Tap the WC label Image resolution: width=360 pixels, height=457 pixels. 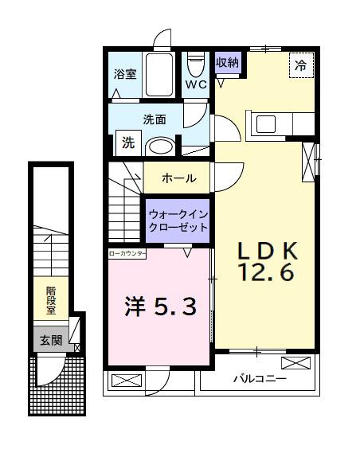pyautogui.click(x=196, y=83)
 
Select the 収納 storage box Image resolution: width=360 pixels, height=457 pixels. pyautogui.click(x=225, y=62)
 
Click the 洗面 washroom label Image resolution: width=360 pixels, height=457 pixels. pyautogui.click(x=154, y=119)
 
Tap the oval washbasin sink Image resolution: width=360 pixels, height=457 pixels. pyautogui.click(x=162, y=146)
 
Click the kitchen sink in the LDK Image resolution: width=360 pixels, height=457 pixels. pyautogui.click(x=264, y=124)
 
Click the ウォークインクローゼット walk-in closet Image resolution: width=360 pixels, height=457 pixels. pyautogui.click(x=177, y=221)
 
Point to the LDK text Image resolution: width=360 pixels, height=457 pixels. pyautogui.click(x=267, y=251)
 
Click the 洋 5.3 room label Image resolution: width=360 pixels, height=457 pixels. pyautogui.click(x=158, y=307)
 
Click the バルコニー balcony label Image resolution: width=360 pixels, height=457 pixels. pyautogui.click(x=258, y=380)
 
